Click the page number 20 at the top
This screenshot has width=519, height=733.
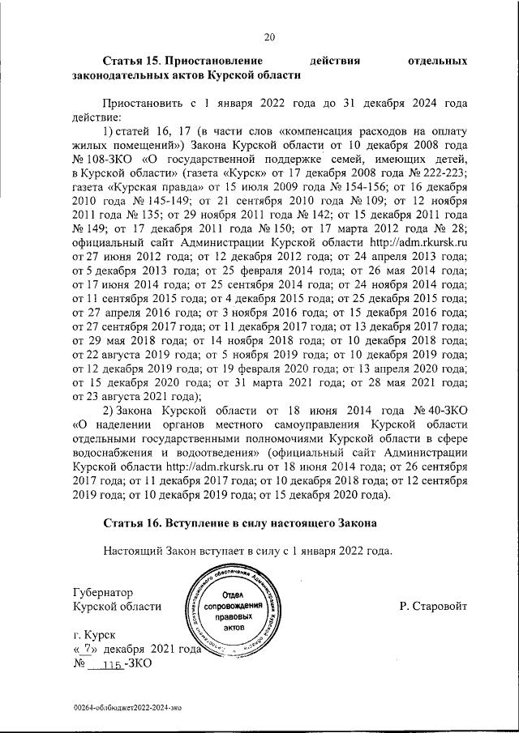click(269, 36)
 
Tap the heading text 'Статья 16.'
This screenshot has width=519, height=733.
click(133, 522)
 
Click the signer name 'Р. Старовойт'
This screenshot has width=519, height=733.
click(433, 607)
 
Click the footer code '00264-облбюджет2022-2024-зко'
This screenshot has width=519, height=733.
click(127, 706)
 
